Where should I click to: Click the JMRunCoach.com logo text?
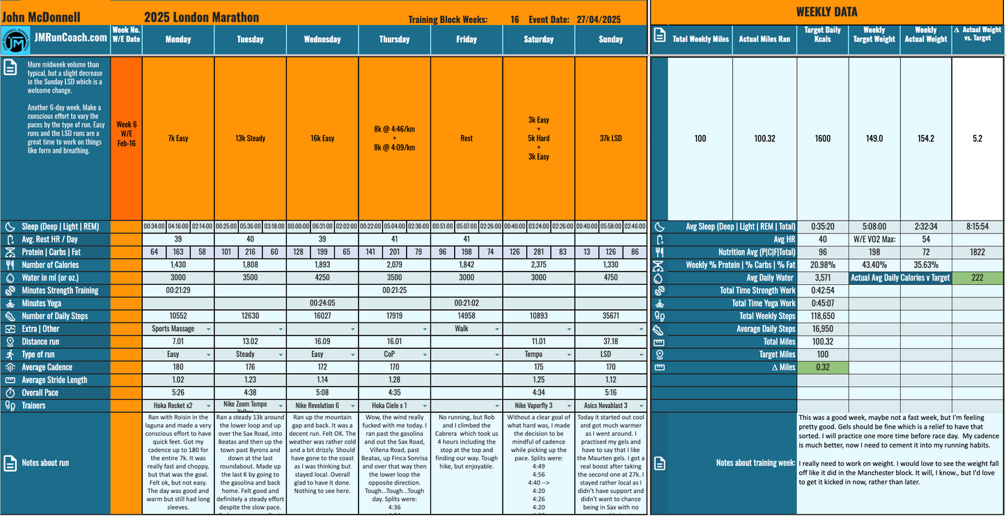coord(70,39)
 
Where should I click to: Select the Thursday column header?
coord(394,40)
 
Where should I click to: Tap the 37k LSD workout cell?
coord(611,139)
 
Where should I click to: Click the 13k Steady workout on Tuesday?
coord(250,139)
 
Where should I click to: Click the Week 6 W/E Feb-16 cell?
coord(126,139)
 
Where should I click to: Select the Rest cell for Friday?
coord(466,139)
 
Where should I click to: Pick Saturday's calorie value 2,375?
coord(538,265)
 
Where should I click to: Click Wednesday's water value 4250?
coord(322,277)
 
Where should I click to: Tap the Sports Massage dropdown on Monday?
coord(178,329)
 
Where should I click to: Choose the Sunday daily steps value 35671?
coord(611,316)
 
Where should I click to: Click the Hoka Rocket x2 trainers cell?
coord(178,405)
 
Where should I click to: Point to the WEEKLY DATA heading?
coord(826,12)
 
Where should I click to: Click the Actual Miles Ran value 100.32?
coord(764,139)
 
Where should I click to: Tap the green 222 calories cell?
coord(977,277)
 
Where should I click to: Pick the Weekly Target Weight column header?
coord(874,35)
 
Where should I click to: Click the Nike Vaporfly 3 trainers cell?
coord(538,405)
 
